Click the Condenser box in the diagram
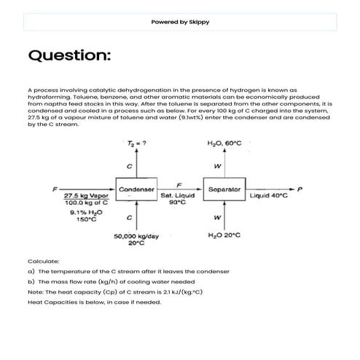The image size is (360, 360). click(136, 189)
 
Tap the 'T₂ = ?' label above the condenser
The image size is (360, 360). click(133, 144)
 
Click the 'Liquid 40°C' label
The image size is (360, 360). click(269, 195)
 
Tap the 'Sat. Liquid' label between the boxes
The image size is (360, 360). click(177, 195)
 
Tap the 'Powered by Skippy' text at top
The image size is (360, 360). click(180, 22)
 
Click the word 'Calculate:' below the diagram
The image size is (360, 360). click(42, 260)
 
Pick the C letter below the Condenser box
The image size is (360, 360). click(129, 219)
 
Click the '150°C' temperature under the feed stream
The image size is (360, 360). click(86, 219)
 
